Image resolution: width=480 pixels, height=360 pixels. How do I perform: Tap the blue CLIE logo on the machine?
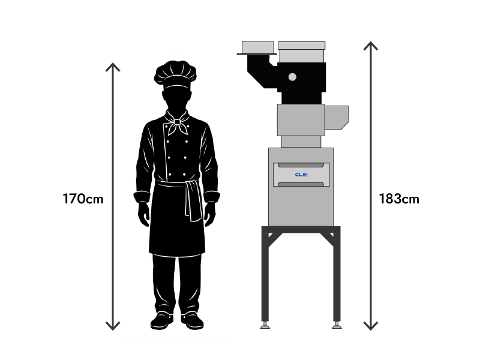[301, 175]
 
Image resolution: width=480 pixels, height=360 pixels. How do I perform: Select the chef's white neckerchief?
[178, 125]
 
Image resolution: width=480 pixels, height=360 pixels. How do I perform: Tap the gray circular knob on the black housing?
[292, 77]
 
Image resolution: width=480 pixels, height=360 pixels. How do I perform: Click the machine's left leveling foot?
[264, 326]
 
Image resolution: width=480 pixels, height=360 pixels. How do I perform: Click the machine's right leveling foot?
[337, 326]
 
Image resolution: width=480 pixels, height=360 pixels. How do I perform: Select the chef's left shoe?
[161, 321]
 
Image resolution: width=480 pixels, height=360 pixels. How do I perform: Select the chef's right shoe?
[192, 321]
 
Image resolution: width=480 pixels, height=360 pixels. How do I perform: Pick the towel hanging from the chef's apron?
[193, 201]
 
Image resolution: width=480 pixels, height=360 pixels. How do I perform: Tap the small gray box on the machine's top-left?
[257, 47]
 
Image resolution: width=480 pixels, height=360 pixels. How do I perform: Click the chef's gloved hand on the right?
[209, 214]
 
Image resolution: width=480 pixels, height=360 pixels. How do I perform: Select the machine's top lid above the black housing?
[301, 46]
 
